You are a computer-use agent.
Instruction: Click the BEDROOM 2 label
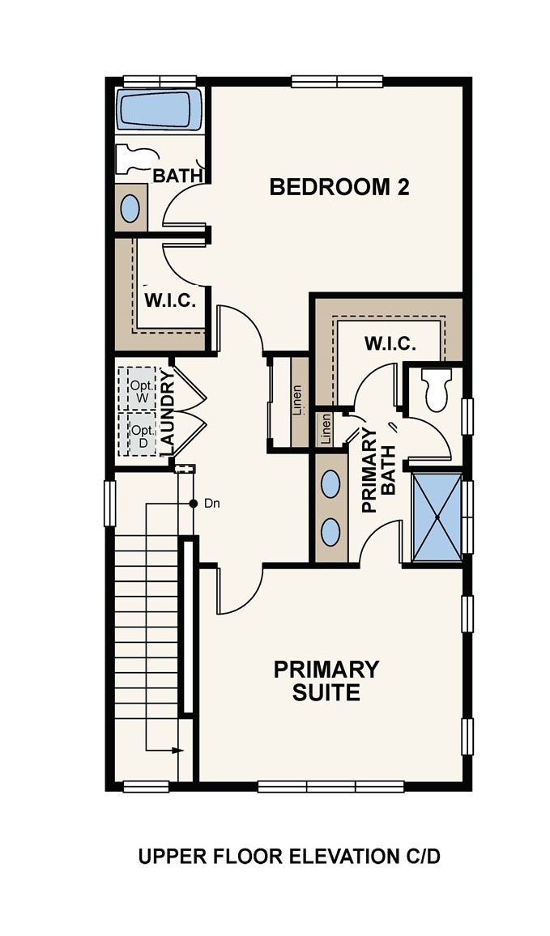click(339, 187)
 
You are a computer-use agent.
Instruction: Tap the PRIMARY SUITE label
click(326, 680)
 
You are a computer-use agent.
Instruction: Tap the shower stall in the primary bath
click(437, 517)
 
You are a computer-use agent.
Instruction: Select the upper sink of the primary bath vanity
click(330, 483)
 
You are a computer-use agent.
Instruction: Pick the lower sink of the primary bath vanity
click(330, 531)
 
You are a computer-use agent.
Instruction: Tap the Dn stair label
click(212, 504)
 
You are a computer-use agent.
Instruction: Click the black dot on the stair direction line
click(193, 504)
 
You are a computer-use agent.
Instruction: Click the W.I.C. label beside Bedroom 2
click(170, 300)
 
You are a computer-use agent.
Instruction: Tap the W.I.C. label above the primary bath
click(390, 344)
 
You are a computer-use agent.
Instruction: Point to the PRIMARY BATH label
click(378, 470)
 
